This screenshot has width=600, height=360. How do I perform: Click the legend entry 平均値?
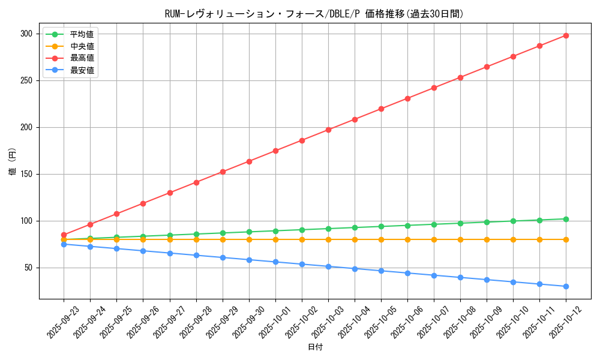coord(82,34)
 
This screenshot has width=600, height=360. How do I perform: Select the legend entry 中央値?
coord(82,46)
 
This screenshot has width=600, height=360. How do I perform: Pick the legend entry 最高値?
coord(82,58)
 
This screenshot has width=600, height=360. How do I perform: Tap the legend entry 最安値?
coord(82,70)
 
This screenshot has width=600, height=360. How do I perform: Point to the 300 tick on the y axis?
coord(26,34)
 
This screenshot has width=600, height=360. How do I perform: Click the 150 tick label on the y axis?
coord(26,174)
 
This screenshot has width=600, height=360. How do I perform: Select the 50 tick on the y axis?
coord(28,268)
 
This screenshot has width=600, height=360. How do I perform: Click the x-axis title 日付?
coord(315,347)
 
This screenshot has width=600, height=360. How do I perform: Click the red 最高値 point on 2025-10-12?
coord(566,35)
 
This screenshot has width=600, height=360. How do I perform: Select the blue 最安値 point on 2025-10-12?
coord(566,286)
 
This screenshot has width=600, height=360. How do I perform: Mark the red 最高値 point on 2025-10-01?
coord(275,151)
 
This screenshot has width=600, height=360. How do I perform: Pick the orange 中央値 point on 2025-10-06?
coord(407,239)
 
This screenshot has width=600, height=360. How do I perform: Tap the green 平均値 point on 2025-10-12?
coord(566,219)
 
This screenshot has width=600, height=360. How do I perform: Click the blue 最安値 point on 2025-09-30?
coord(249,260)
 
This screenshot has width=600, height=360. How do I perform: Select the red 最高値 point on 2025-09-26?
coord(143,203)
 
